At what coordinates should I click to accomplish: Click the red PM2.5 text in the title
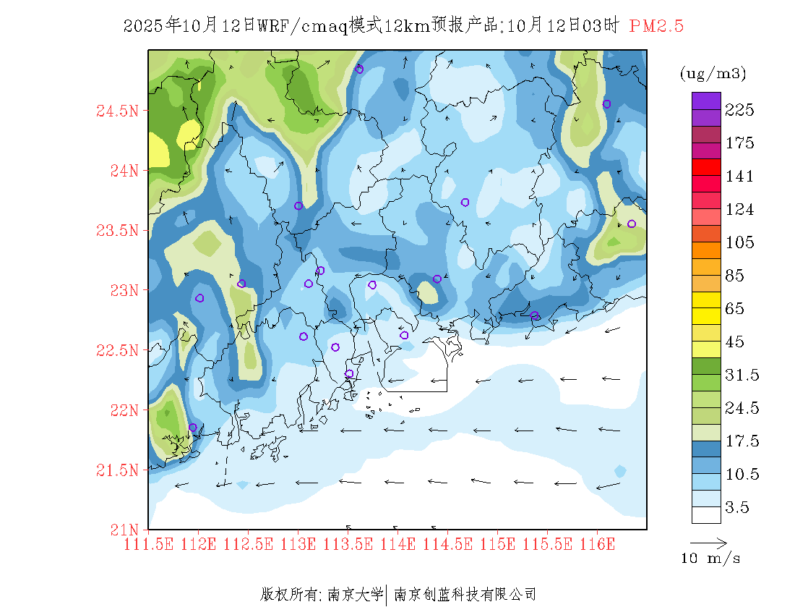click(x=656, y=27)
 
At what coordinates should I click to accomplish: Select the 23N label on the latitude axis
click(x=122, y=291)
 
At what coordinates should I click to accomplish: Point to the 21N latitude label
click(x=122, y=530)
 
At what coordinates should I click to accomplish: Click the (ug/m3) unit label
click(x=713, y=73)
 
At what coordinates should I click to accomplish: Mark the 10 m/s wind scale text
click(x=711, y=559)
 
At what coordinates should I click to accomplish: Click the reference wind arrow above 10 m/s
click(x=708, y=542)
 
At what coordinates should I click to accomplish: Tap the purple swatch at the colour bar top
click(x=706, y=101)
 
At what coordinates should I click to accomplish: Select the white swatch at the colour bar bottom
click(x=706, y=514)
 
